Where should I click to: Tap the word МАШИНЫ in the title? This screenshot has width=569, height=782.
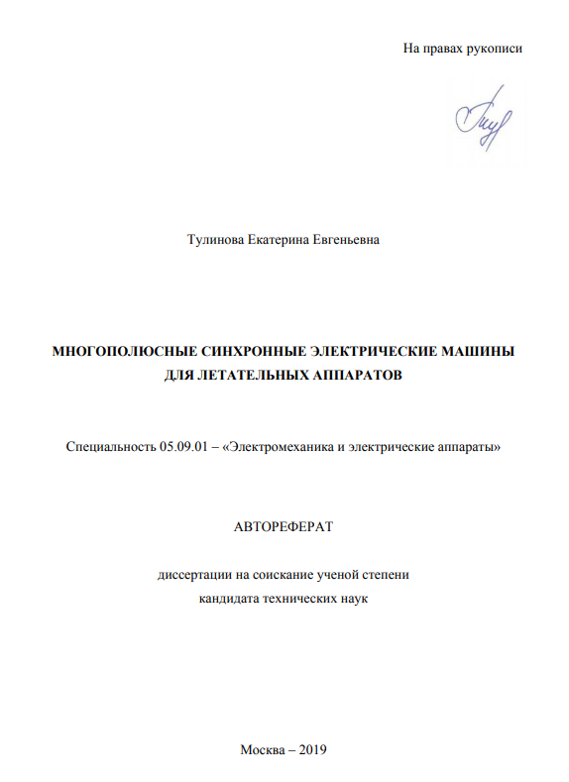pos(479,352)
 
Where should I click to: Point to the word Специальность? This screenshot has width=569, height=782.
pos(109,447)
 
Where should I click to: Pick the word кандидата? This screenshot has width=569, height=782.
pos(229,599)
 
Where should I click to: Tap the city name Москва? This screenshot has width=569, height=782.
pos(263,749)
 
